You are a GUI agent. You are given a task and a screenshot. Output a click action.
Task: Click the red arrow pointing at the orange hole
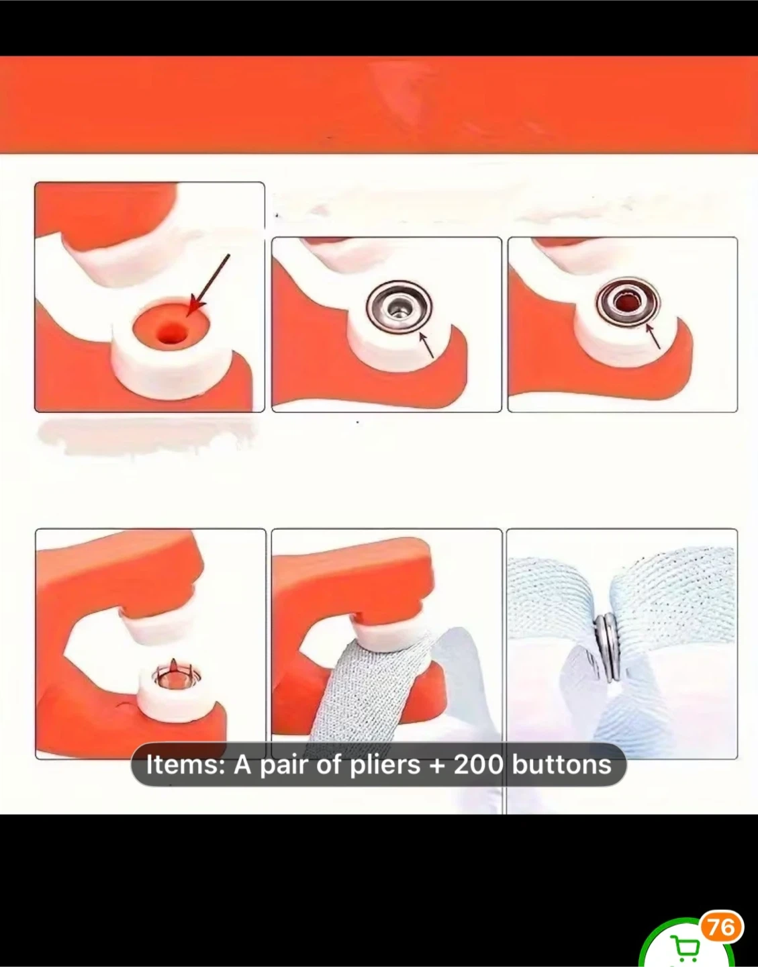point(208,285)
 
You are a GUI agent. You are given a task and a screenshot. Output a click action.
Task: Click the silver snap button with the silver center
point(399,307)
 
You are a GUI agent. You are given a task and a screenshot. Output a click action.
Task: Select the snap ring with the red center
point(628,302)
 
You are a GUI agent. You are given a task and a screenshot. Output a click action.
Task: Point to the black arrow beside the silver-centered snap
point(426,345)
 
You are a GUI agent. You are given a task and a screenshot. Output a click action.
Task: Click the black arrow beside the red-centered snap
point(653,336)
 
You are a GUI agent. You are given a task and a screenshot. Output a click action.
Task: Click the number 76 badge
point(722,928)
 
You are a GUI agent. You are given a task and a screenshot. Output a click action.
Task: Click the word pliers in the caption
point(385,766)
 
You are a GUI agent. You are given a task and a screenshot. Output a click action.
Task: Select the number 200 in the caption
point(479,765)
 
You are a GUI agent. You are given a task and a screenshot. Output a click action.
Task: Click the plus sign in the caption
point(437,766)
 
